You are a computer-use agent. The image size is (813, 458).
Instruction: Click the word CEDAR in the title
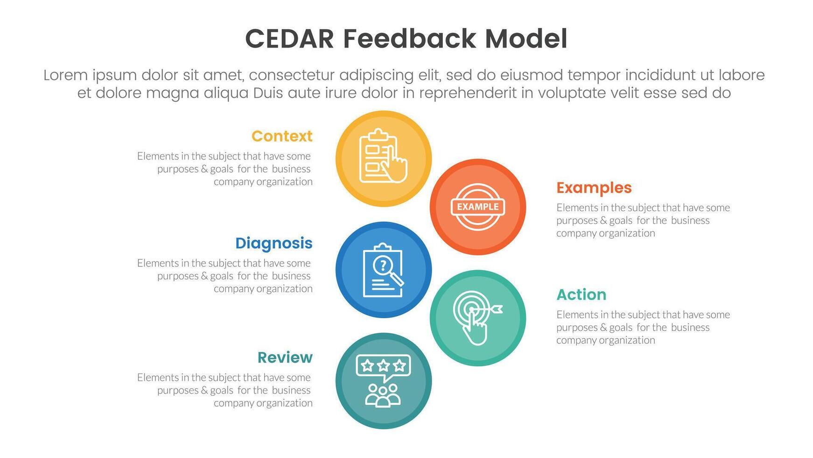coord(290,39)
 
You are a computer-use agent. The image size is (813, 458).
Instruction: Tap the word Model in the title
coord(526,39)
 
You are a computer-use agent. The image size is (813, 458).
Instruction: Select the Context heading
coord(282,136)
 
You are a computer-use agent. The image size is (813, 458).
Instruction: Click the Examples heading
coord(594,188)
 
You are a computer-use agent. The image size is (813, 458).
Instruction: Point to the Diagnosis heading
coord(273,243)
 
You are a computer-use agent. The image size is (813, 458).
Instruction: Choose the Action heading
coord(581,294)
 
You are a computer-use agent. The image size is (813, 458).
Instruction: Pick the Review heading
coord(285,358)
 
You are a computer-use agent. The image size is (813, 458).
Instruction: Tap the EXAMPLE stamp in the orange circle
coord(477,207)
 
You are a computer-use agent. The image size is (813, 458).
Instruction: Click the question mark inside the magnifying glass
coord(383,265)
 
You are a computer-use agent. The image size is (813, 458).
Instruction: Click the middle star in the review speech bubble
coord(383,365)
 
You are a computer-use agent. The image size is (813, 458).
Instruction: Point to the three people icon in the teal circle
coord(383,395)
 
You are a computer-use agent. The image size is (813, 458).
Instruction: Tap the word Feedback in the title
coord(409,39)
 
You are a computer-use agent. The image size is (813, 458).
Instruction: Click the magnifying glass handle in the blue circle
coord(397,279)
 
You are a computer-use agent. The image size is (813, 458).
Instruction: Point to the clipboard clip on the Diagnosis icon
coord(383,247)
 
